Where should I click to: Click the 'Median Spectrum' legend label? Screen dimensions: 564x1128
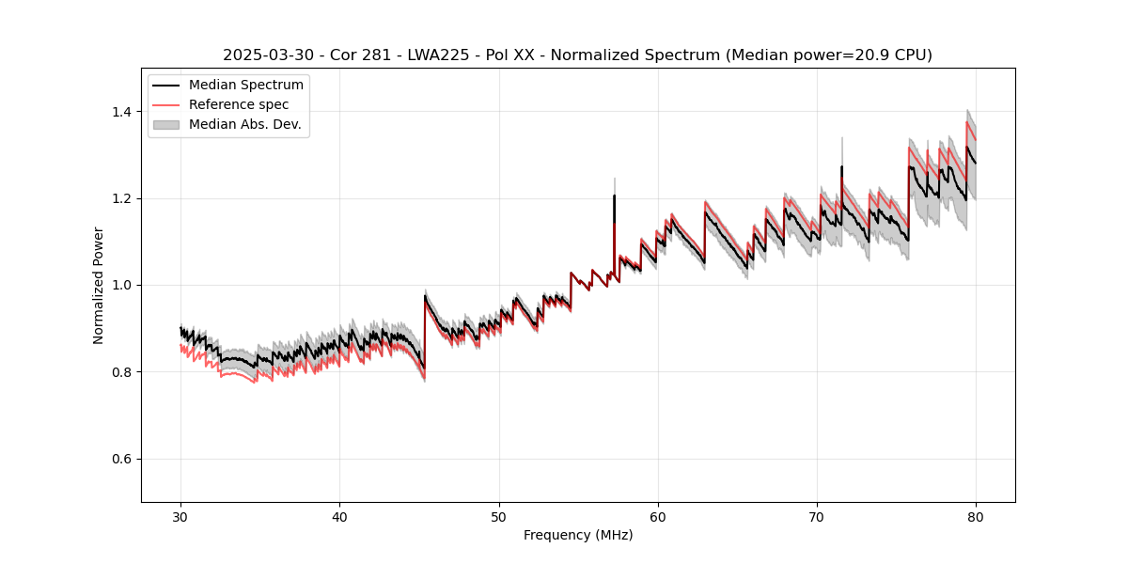245,85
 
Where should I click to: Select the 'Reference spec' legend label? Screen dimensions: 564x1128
239,104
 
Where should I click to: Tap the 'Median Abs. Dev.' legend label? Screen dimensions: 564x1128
244,124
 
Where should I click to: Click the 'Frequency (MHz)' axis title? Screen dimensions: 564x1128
578,535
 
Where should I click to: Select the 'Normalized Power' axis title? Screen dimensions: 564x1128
99,285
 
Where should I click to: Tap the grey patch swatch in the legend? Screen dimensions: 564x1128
168,124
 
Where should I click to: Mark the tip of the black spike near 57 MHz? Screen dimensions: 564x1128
614,196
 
